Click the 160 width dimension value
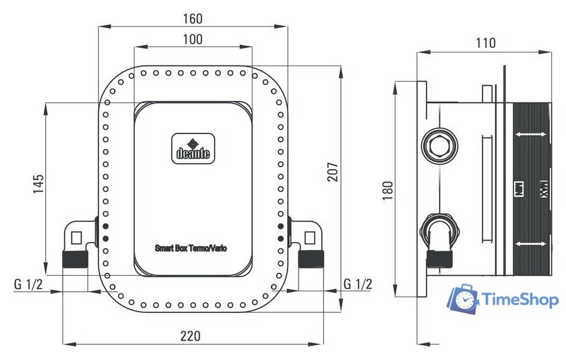click(x=193, y=18)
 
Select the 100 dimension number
click(x=193, y=39)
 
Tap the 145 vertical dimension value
click(x=38, y=183)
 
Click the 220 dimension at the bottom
click(x=193, y=335)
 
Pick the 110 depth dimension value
click(x=485, y=43)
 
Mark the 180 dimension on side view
click(x=387, y=191)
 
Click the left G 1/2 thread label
click(x=29, y=284)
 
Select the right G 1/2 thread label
click(x=357, y=284)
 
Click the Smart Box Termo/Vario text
click(x=191, y=248)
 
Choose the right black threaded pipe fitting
click(x=311, y=259)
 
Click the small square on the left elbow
click(x=75, y=237)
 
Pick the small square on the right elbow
click(x=310, y=237)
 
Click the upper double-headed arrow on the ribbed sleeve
click(x=531, y=136)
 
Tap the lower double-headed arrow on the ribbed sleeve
click(x=531, y=243)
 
